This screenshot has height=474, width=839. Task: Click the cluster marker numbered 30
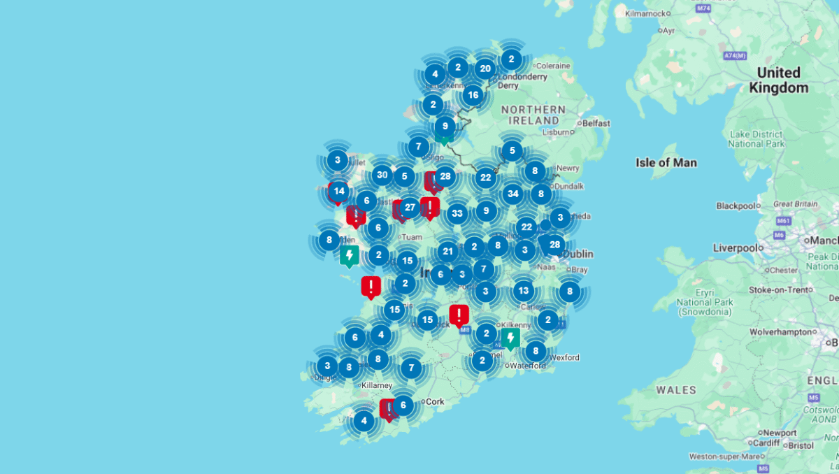coord(382,175)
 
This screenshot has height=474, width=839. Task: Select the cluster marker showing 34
coord(513,194)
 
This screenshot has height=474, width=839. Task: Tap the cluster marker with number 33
coord(457,213)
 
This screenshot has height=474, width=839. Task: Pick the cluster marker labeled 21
coord(448,252)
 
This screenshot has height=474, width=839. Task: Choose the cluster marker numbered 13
coord(524,291)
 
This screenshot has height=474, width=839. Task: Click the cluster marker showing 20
coord(485,69)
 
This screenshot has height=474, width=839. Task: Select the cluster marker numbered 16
coord(473,94)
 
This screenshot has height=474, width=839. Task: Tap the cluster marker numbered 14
coord(339,191)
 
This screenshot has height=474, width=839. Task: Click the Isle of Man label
coord(666,163)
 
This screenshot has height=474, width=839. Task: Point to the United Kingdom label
coord(778,80)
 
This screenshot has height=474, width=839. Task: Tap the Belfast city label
coord(596,124)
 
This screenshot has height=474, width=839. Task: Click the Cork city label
coord(435,402)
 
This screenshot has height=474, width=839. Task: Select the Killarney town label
coord(376,385)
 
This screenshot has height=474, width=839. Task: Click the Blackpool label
coord(736,206)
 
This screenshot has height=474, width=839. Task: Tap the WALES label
coord(676,389)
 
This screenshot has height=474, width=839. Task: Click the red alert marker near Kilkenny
coord(459,315)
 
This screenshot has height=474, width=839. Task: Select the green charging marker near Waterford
coord(510,339)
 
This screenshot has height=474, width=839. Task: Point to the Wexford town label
coord(564,358)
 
